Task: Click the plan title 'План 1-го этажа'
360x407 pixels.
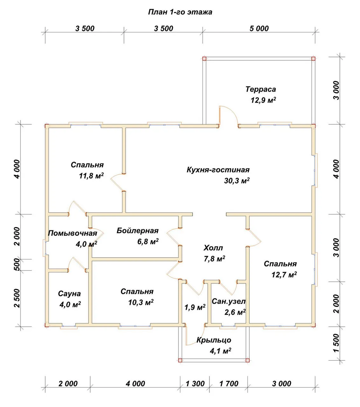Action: [x=180, y=12]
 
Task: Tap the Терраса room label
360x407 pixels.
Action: [x=260, y=89]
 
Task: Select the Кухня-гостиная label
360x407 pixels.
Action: [x=218, y=170]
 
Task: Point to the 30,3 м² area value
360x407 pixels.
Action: [x=237, y=181]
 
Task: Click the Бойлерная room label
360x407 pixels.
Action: [x=137, y=231]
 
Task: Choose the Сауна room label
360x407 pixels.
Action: [x=69, y=294]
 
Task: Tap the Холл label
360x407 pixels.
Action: [x=213, y=248]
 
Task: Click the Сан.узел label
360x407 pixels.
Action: [x=229, y=301]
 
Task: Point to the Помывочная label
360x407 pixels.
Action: [x=72, y=233]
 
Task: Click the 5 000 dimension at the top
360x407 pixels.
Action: [x=259, y=29]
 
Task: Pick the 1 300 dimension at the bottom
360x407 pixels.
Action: [x=195, y=384]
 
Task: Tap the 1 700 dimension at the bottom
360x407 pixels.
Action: [x=229, y=384]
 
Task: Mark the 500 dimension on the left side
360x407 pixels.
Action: [x=18, y=265]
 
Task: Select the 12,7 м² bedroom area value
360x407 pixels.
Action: [x=284, y=275]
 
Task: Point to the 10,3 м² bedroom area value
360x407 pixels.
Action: [x=141, y=302]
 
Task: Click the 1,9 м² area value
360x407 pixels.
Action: [x=195, y=307]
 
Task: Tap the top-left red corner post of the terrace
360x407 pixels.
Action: [x=204, y=59]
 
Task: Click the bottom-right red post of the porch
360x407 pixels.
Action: [x=247, y=360]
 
